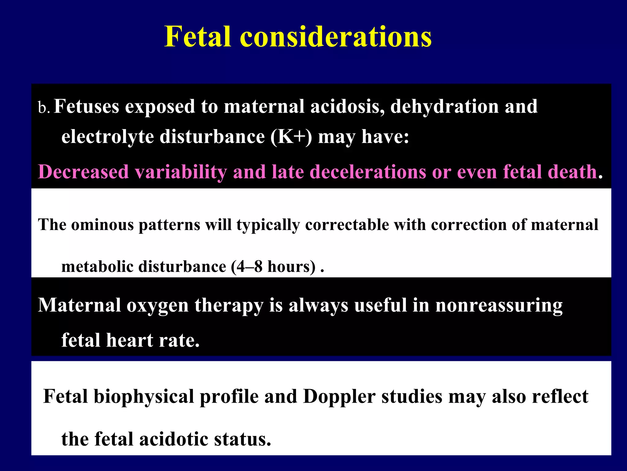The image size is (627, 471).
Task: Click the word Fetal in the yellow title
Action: pos(197,36)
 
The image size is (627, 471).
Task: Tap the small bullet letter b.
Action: pos(43,108)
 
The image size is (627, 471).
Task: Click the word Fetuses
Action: pos(86,106)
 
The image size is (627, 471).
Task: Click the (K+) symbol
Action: pos(291,136)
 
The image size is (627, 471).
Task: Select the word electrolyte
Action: pos(107,136)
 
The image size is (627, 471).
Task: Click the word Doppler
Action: pos(339,396)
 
